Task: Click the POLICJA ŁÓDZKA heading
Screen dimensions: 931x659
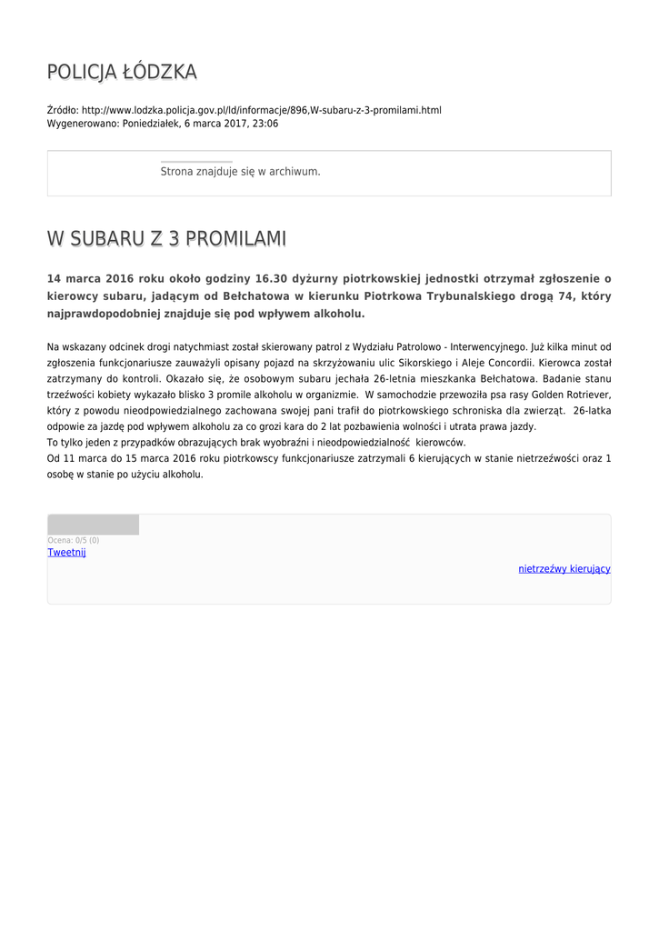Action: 122,73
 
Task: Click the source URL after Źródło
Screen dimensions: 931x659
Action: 262,110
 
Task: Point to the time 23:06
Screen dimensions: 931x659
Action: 266,124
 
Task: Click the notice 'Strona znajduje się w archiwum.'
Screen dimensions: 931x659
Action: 240,171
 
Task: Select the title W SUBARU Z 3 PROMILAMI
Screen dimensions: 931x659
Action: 166,239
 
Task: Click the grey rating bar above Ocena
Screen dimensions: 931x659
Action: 94,525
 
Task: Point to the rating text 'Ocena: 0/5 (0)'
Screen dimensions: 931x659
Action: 74,541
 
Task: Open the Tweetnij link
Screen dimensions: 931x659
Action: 66,553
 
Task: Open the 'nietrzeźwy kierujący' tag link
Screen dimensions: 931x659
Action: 564,569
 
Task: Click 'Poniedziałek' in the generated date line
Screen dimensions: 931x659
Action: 152,124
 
